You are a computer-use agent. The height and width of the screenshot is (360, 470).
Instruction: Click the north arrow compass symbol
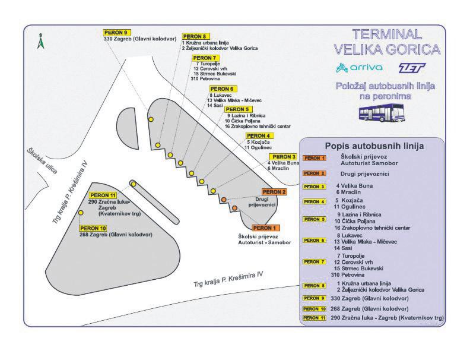(x=40, y=41)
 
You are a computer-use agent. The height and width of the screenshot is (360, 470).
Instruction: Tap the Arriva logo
(x=359, y=67)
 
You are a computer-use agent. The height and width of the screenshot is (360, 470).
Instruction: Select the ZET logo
(x=412, y=67)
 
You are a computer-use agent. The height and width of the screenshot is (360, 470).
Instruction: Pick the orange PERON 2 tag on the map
(x=275, y=192)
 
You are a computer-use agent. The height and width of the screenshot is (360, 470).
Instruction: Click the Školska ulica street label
(x=42, y=160)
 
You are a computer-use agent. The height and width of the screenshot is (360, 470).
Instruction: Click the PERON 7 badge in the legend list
(x=315, y=262)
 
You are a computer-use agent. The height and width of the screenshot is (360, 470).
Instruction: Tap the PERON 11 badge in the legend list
(x=315, y=318)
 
